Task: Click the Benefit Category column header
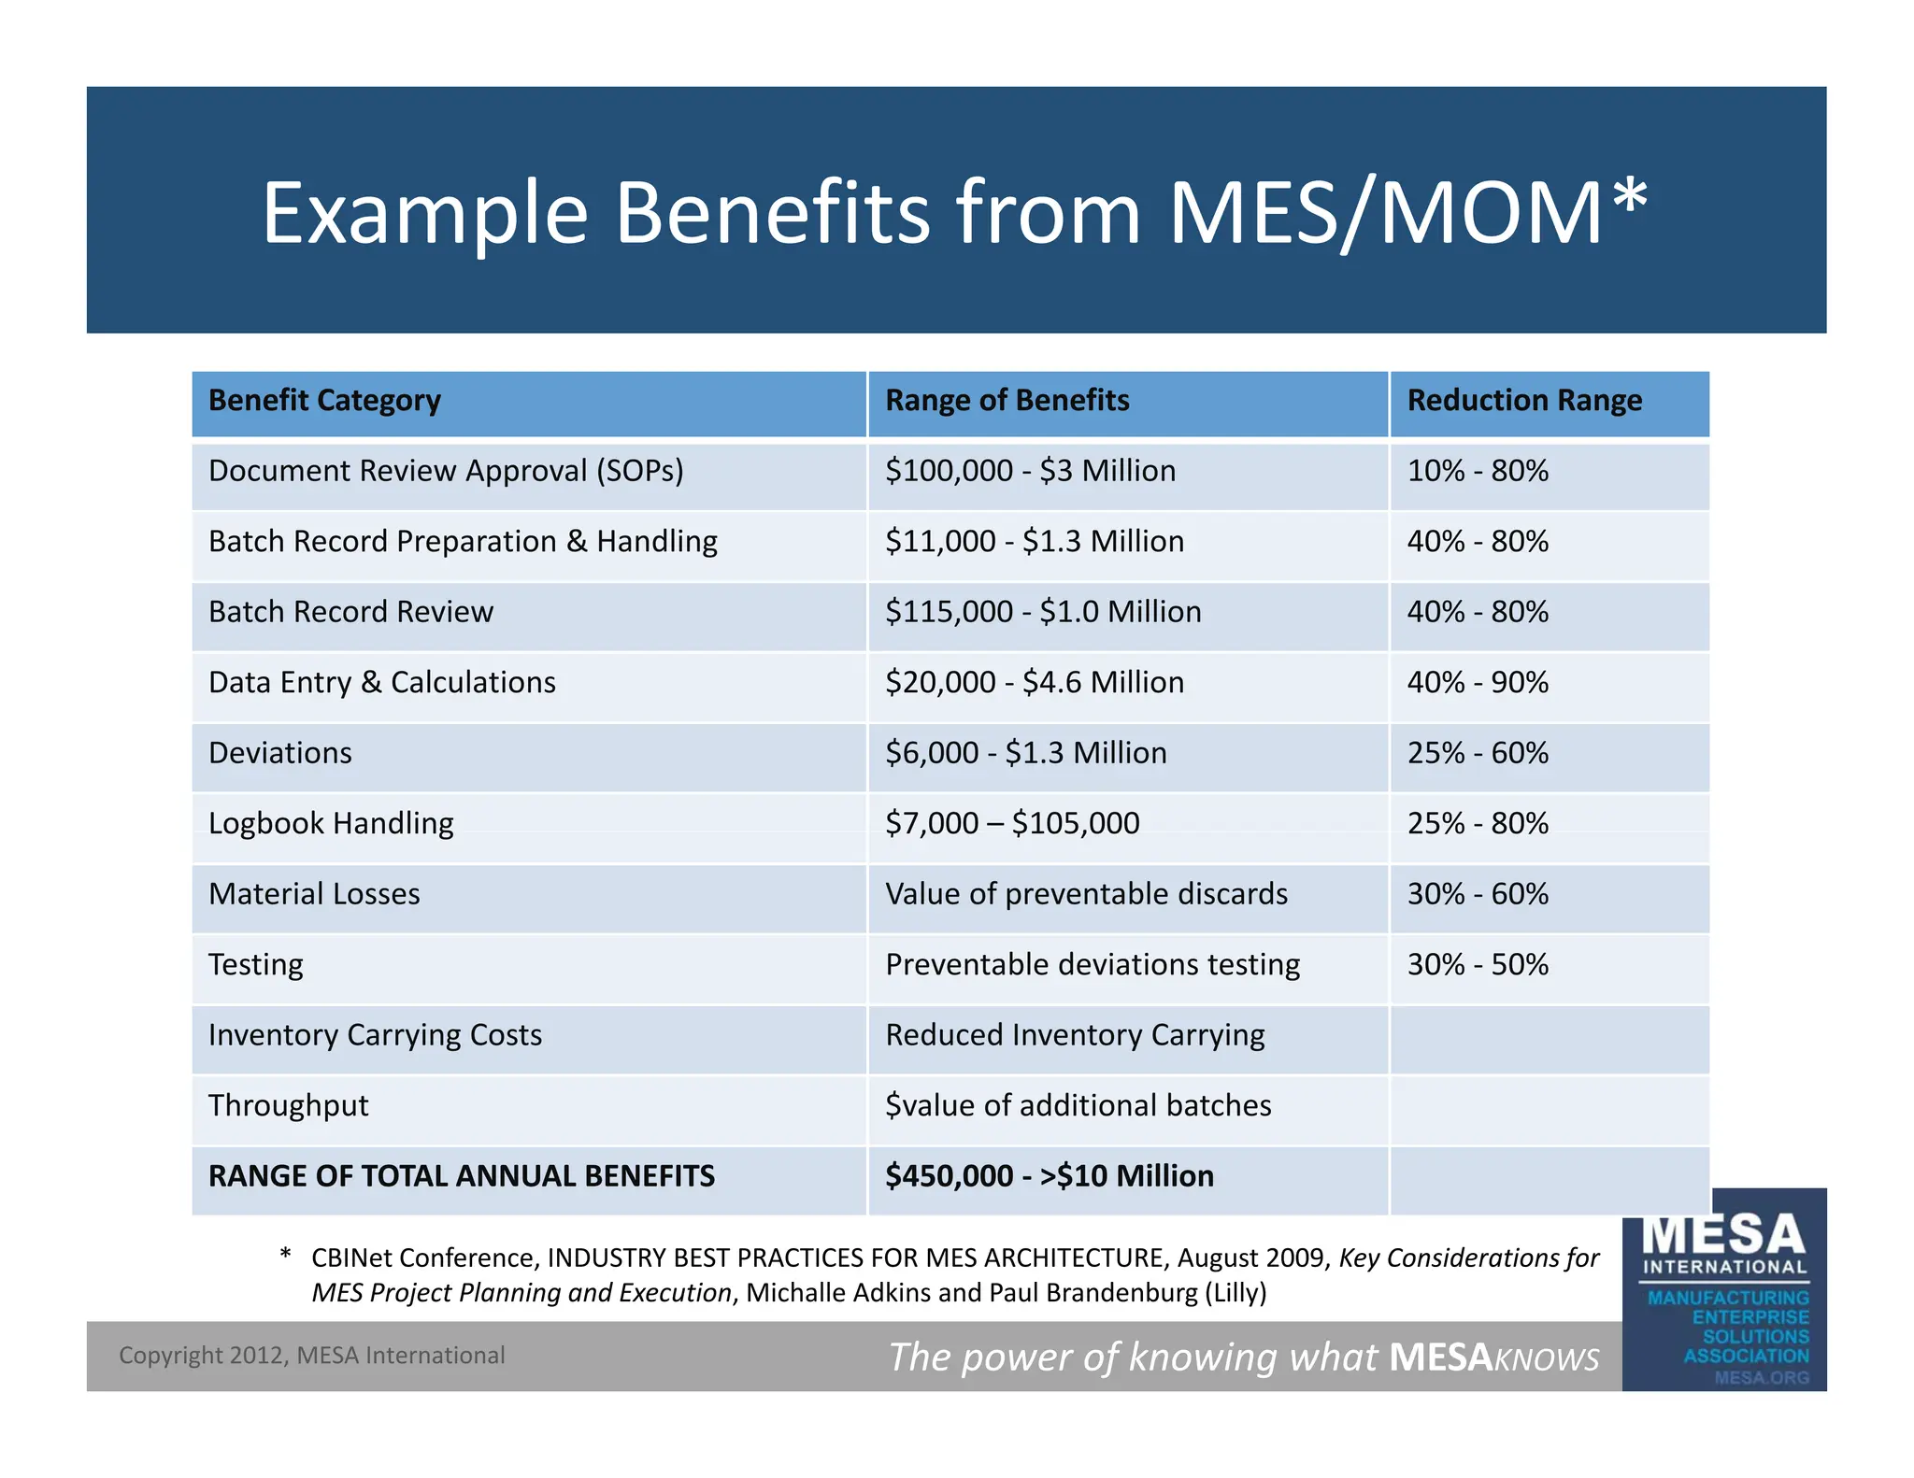pos(324,401)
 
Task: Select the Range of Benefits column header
pos(1007,401)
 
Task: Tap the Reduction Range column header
pos(1524,401)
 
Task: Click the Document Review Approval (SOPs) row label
pos(446,471)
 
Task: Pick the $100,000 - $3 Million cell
pos(1030,471)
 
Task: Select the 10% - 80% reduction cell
pos(1478,471)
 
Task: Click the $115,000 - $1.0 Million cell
pos(1043,612)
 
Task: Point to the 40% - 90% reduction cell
pos(1478,683)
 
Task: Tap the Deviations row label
pos(280,753)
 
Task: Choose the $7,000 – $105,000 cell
pos(1012,823)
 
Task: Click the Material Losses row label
pos(314,894)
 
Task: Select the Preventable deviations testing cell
pos(1093,964)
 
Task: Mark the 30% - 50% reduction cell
pos(1478,964)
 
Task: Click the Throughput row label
pos(289,1105)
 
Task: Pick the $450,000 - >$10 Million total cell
pos(1049,1176)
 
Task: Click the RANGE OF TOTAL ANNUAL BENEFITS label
pos(462,1176)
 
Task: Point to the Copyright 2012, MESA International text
pos(311,1356)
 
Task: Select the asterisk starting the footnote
pos(286,1255)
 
